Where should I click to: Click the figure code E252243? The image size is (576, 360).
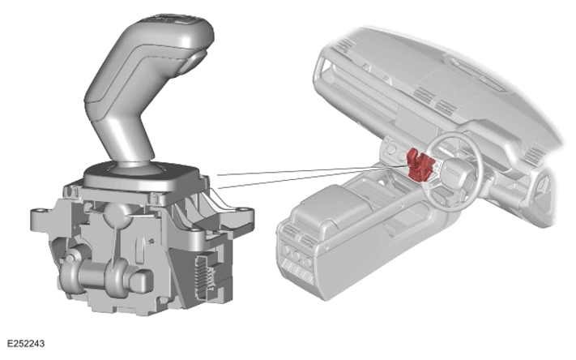(26, 344)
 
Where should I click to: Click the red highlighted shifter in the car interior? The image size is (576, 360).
(420, 165)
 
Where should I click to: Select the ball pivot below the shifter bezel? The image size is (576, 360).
(117, 214)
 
